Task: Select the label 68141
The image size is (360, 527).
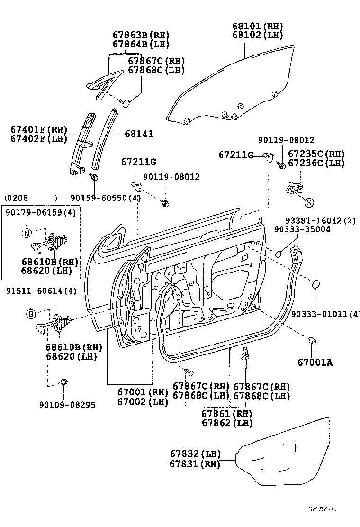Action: pyautogui.click(x=139, y=134)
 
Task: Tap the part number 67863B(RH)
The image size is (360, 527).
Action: pyautogui.click(x=140, y=35)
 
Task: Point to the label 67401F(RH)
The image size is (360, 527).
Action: pyautogui.click(x=39, y=129)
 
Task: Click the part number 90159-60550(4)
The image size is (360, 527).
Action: pyautogui.click(x=105, y=197)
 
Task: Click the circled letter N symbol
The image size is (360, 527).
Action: pyautogui.click(x=27, y=232)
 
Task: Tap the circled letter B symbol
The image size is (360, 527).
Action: pyautogui.click(x=30, y=314)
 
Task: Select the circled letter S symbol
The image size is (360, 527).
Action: pyautogui.click(x=308, y=203)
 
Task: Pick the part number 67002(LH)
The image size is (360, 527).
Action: pyautogui.click(x=143, y=401)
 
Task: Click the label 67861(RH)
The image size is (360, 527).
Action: pyautogui.click(x=227, y=413)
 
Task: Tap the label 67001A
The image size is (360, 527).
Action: pyautogui.click(x=315, y=363)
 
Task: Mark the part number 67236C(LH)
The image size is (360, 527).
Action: pyautogui.click(x=316, y=163)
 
